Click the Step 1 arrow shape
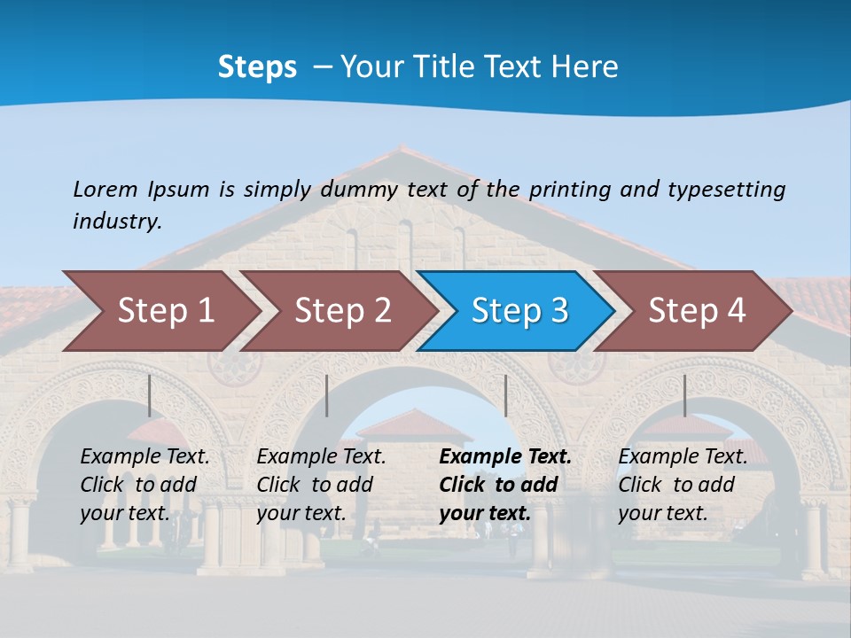164,310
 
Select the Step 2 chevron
342,310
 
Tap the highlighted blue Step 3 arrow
519,310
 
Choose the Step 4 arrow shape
697,310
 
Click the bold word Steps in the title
257,66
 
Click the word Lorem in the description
105,189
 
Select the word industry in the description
117,221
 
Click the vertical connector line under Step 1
149,395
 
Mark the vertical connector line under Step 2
327,395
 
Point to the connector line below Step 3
505,395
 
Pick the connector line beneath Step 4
684,395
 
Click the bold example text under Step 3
505,485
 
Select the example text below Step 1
144,485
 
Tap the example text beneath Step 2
321,485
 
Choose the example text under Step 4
683,485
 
